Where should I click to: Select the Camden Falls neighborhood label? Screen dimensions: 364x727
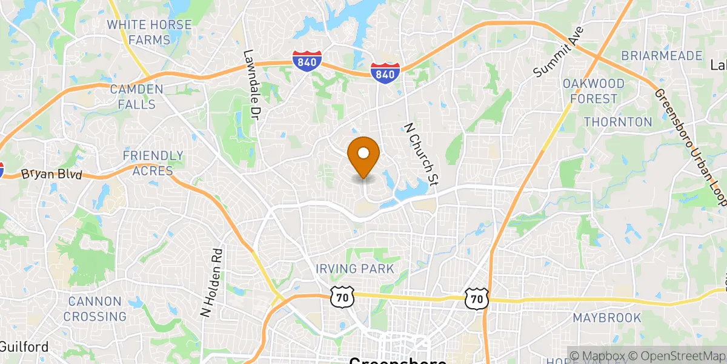[x=137, y=96]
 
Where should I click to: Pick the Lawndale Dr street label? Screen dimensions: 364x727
[x=251, y=83]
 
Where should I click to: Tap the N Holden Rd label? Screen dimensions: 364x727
[x=213, y=282]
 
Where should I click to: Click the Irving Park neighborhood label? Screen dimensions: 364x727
[x=354, y=268]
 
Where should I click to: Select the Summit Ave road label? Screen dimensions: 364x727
[x=558, y=52]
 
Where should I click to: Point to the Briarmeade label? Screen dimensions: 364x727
[x=662, y=56]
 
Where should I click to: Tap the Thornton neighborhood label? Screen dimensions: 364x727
[x=618, y=122]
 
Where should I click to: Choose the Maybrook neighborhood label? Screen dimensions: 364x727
[x=607, y=317]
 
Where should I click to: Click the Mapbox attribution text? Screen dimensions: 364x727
[x=599, y=356]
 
